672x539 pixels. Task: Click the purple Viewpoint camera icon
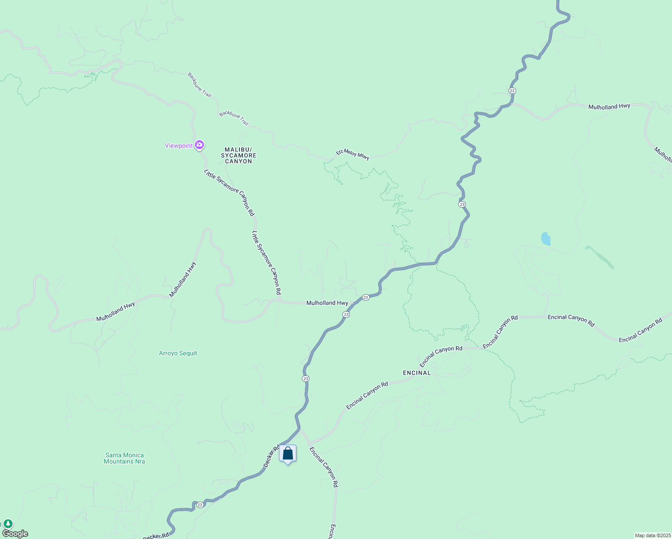point(199,145)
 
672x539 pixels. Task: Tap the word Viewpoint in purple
point(178,146)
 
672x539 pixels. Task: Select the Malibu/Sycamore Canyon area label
point(239,155)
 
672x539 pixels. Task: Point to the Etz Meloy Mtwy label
point(353,155)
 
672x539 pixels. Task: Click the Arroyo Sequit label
point(178,353)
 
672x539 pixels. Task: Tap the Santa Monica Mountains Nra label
point(124,458)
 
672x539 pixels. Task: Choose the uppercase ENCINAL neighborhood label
point(416,373)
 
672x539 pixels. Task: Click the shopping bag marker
point(287,454)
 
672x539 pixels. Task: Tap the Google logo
point(15,534)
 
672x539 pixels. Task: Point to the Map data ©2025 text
point(652,535)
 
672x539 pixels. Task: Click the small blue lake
point(546,239)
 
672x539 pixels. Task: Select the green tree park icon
point(8,524)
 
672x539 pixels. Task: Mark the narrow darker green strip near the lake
point(600,257)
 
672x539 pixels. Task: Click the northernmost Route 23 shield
point(512,91)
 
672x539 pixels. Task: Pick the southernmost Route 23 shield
point(200,505)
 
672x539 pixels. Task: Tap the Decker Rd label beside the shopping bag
point(272,456)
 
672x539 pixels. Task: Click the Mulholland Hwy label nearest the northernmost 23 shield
point(609,106)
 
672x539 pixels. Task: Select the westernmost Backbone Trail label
point(199,85)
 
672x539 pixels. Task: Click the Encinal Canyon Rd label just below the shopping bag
point(324,467)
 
